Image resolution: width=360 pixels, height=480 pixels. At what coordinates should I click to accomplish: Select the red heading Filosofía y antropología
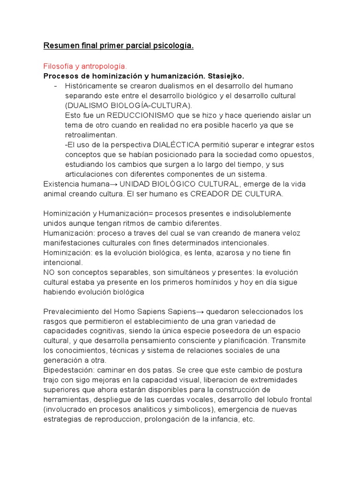coord(85,67)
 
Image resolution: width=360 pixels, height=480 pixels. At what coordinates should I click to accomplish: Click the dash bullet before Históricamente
coord(57,86)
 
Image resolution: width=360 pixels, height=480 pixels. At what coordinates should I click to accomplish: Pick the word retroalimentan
coord(91,135)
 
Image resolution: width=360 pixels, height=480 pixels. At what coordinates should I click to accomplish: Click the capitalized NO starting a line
coord(49,272)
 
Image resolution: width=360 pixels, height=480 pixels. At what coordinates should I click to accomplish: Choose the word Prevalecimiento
coord(71,312)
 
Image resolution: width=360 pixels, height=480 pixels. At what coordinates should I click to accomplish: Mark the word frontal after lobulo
coord(300,400)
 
